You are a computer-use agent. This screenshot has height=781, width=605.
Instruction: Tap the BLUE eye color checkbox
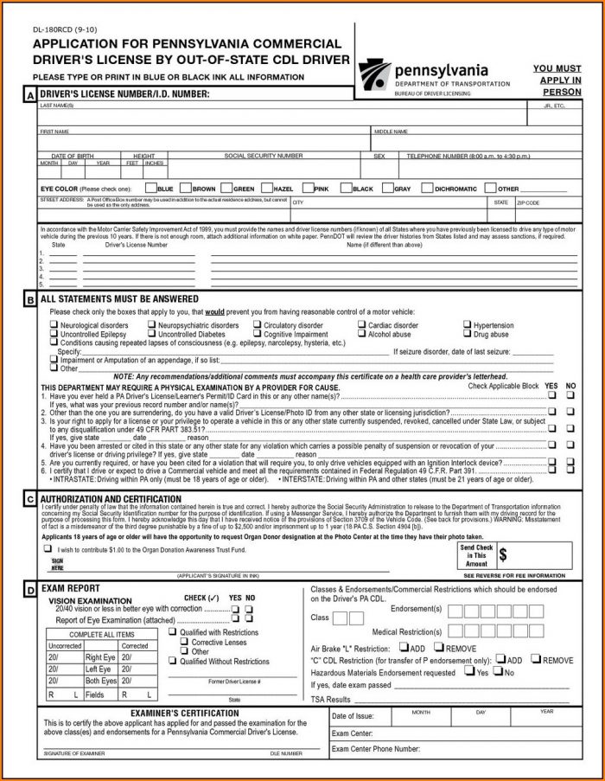tap(151, 188)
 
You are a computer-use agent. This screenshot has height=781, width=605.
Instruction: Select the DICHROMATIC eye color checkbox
tap(428, 188)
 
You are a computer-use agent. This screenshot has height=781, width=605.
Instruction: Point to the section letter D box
tap(30, 589)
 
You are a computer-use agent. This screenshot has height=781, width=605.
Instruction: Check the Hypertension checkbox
tap(468, 326)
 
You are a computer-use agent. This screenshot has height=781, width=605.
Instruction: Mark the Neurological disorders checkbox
tap(54, 326)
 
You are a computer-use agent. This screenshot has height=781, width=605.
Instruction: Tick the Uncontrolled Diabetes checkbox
tap(152, 334)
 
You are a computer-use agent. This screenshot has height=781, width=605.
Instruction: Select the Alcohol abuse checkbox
tap(362, 334)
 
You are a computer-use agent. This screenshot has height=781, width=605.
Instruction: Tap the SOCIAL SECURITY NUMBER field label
tap(263, 156)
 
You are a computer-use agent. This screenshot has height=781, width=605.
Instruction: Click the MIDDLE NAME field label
tap(391, 131)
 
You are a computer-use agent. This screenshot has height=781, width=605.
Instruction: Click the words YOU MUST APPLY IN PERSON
tap(557, 80)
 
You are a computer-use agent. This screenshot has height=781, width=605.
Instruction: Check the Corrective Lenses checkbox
tap(184, 643)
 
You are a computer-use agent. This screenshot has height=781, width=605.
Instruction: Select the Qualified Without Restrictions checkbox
tap(172, 662)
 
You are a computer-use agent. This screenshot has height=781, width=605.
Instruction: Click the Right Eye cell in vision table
tap(100, 657)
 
